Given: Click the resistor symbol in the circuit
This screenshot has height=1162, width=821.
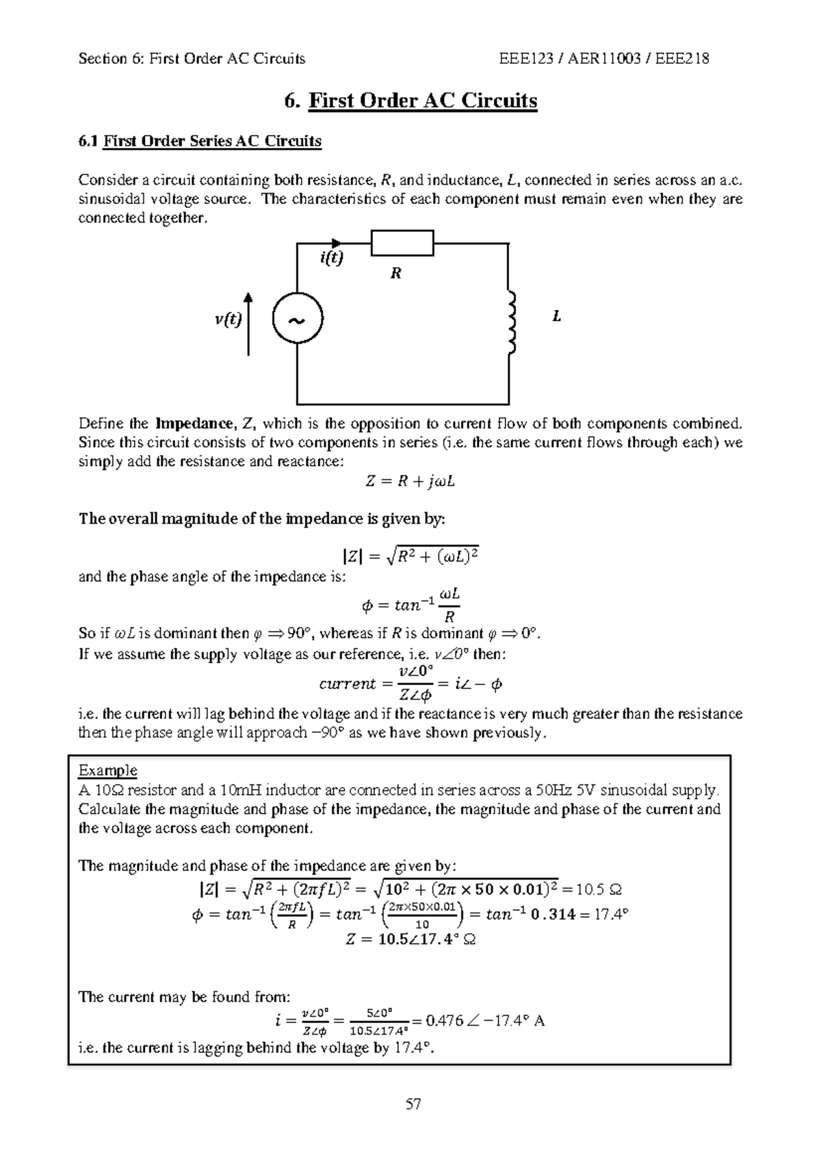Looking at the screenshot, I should point(402,243).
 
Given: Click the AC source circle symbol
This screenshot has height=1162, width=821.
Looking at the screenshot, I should point(297,319).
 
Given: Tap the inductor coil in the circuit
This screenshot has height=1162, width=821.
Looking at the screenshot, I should point(510,322).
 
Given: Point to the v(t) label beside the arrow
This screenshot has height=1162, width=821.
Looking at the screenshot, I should point(229,319).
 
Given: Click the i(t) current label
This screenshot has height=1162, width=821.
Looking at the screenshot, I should point(331,259).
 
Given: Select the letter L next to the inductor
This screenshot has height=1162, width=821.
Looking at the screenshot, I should point(557,317).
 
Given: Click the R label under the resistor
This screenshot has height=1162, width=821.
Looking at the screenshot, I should point(395,274).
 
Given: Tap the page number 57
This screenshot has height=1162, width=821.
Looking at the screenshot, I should point(413,1104).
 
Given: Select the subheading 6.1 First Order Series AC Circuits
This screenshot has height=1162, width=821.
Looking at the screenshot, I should point(200,141).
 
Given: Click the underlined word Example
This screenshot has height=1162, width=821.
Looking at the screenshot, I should point(107,771).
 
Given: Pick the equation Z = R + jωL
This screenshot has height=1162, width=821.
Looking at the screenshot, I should point(410,482).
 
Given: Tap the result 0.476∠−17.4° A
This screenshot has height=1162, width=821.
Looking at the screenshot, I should point(484,1021).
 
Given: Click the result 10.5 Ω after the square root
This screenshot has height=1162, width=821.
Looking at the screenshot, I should point(599,890).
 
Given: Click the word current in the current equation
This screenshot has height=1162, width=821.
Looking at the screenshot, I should point(347,684).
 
